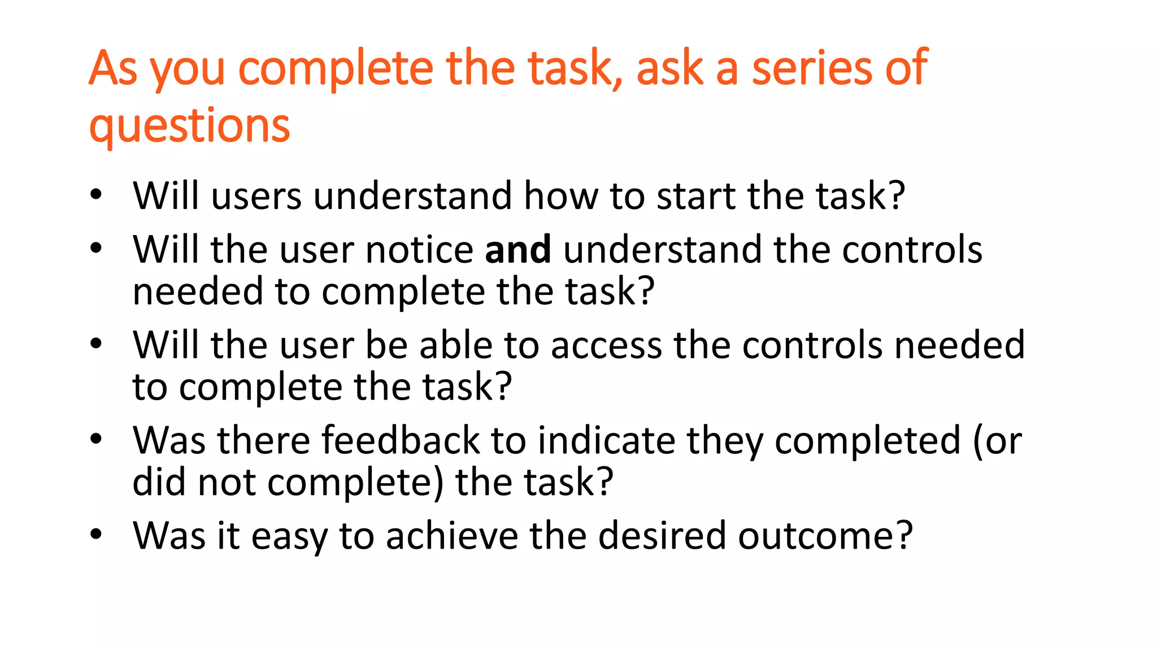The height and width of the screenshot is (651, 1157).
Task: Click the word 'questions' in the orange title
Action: tap(189, 125)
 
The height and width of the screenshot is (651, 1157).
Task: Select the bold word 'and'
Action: tap(517, 249)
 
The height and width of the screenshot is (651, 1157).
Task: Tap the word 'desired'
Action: tap(662, 535)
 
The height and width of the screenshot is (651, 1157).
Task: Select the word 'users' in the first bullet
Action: tap(256, 196)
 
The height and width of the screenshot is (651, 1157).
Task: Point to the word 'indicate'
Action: tap(606, 440)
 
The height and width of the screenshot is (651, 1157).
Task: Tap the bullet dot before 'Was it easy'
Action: tap(96, 534)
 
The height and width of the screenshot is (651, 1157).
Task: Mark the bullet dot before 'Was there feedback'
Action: tap(96, 439)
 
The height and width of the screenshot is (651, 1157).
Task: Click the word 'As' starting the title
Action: tap(113, 68)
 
